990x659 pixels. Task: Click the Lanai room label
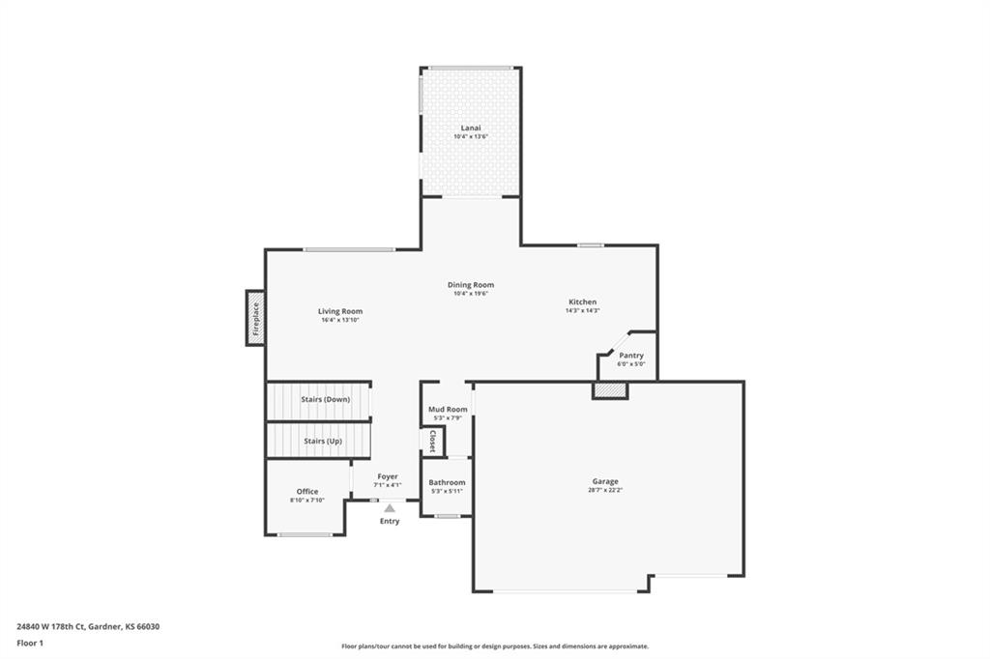(x=471, y=127)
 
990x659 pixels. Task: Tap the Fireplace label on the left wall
(x=256, y=318)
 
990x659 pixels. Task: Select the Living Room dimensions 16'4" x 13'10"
(x=340, y=320)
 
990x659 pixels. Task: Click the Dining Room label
(x=471, y=285)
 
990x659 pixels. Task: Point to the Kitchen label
(x=582, y=302)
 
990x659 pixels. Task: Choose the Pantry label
(x=631, y=356)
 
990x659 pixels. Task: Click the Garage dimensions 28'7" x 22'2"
(x=605, y=490)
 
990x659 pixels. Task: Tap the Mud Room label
(x=448, y=409)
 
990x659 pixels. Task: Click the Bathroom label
(x=448, y=482)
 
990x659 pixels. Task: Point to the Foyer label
(x=388, y=476)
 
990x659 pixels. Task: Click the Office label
(x=307, y=492)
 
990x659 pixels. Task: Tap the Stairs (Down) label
(x=324, y=399)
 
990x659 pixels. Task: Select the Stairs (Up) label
(x=323, y=441)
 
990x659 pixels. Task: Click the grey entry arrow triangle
(x=389, y=507)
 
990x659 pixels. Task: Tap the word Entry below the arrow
(x=389, y=522)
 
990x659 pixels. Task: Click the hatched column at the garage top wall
(x=610, y=390)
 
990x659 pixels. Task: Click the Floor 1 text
(x=30, y=643)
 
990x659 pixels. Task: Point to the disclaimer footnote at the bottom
(x=494, y=646)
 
